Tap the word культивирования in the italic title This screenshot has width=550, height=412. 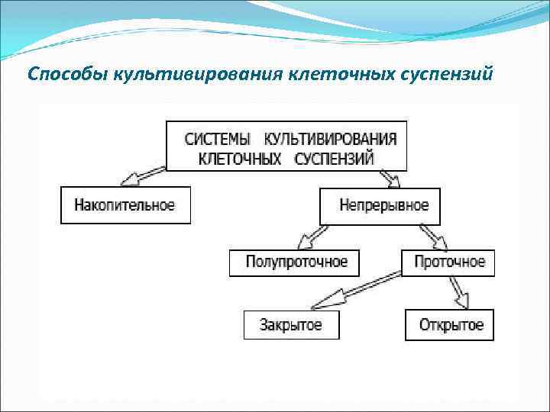tap(199, 75)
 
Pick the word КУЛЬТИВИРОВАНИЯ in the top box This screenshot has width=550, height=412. tap(330, 139)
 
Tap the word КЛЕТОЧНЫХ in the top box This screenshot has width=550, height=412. tap(234, 159)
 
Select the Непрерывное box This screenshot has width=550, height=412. tap(379, 206)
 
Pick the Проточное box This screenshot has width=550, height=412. tap(448, 262)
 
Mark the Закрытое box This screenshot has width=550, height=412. tap(290, 325)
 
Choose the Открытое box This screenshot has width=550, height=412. tap(450, 325)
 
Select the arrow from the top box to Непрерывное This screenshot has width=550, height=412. tap(390, 178)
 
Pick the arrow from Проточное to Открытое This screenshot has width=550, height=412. tap(458, 292)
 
